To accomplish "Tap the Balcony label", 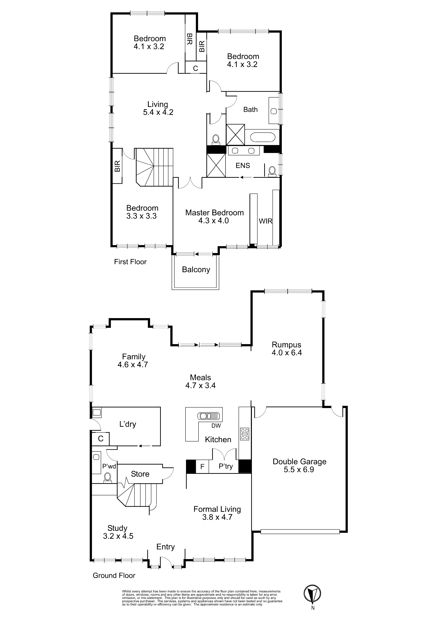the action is pos(196,270).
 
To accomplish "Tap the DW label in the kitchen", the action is pos(216,426).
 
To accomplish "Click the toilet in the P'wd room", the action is pos(108,478).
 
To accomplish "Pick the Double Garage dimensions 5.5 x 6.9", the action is pos(299,469).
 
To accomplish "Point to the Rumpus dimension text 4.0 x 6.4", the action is pos(287,353).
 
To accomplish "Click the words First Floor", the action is pos(130,262).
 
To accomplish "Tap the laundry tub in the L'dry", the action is pos(97,413).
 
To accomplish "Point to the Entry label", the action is pos(165,547).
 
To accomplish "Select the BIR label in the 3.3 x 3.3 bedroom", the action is pos(117,166).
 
